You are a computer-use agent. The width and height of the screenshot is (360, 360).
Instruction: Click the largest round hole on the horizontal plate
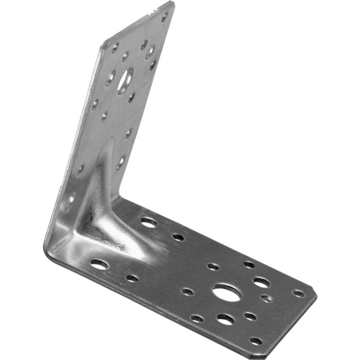point(226,293)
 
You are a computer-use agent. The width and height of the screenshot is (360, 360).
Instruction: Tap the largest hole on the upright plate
point(124,81)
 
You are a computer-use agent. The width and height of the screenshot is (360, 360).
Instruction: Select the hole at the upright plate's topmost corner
point(165,16)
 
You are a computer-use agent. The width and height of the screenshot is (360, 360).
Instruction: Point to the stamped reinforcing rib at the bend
point(100,206)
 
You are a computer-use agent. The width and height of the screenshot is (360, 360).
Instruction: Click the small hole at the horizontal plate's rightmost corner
point(298,293)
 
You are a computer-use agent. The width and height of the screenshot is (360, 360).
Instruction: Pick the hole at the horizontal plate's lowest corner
point(256,340)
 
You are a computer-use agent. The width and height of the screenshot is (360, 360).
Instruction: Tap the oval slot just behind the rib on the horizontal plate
point(149,222)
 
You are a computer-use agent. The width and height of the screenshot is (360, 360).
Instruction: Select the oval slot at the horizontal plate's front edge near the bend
point(99,264)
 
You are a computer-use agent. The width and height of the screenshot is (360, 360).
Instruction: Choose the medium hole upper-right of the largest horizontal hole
point(261,282)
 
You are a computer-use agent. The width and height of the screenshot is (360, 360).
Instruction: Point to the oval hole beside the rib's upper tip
point(121,162)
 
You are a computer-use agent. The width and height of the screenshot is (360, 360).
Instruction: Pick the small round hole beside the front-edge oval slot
point(132,278)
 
